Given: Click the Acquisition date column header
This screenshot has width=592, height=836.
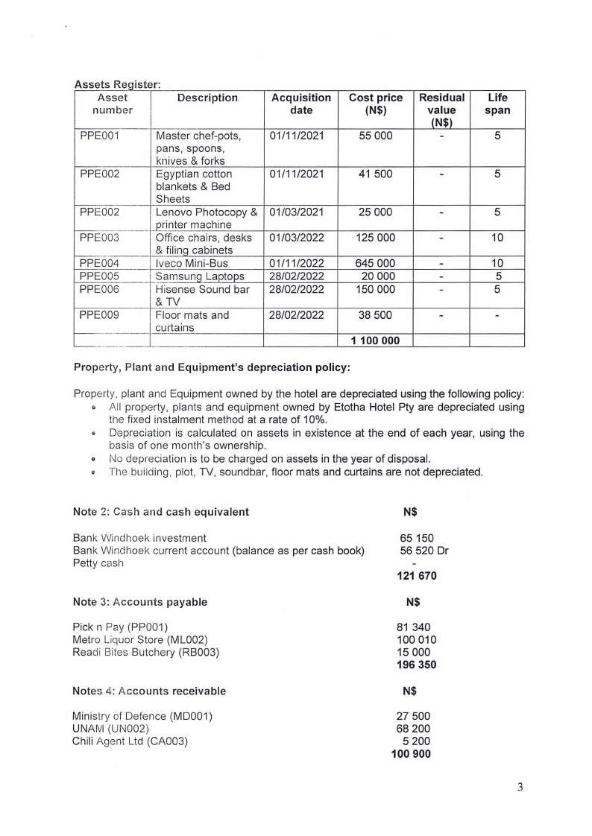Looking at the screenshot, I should [x=301, y=104].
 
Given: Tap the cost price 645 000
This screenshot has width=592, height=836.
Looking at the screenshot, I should [x=375, y=263].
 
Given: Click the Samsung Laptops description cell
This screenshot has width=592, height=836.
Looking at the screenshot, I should [x=200, y=276].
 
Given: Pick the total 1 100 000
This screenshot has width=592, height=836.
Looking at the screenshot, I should [x=375, y=341].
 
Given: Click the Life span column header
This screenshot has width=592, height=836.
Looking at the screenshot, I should [x=497, y=104].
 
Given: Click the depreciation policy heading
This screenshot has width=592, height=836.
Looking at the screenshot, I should [x=211, y=369].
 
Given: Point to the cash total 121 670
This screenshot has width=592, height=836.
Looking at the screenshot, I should [x=418, y=576].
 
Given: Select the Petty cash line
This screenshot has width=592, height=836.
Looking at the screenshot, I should [x=98, y=563].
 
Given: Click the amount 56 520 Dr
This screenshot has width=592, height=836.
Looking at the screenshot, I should [x=424, y=551].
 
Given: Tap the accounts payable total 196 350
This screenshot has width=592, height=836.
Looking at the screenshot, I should [x=418, y=665].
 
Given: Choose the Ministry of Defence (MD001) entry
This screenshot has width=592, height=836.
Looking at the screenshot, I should [x=142, y=716].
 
